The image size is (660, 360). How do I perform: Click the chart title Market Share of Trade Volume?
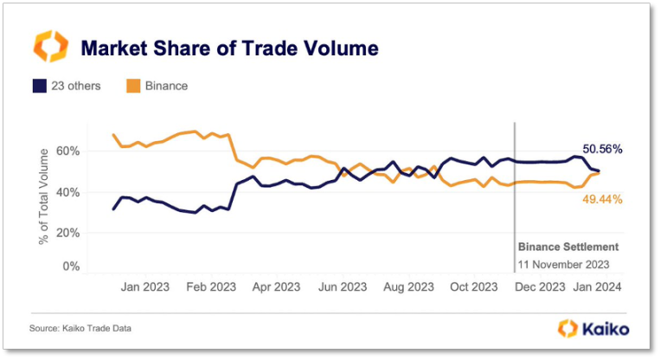pos(229,48)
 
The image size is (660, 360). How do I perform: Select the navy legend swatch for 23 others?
pos(39,86)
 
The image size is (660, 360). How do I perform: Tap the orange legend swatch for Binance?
pos(133,86)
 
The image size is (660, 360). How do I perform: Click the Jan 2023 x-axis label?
pos(144,286)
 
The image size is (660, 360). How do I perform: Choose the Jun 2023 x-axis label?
pos(343,286)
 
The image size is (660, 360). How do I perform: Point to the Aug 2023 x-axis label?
pos(408,286)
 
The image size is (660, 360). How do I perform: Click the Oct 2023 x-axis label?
pos(474,286)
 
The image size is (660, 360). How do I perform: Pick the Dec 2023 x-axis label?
pos(541,286)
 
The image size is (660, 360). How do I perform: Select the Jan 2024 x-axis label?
pos(596,286)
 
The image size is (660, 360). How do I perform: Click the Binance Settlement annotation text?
pos(568,247)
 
